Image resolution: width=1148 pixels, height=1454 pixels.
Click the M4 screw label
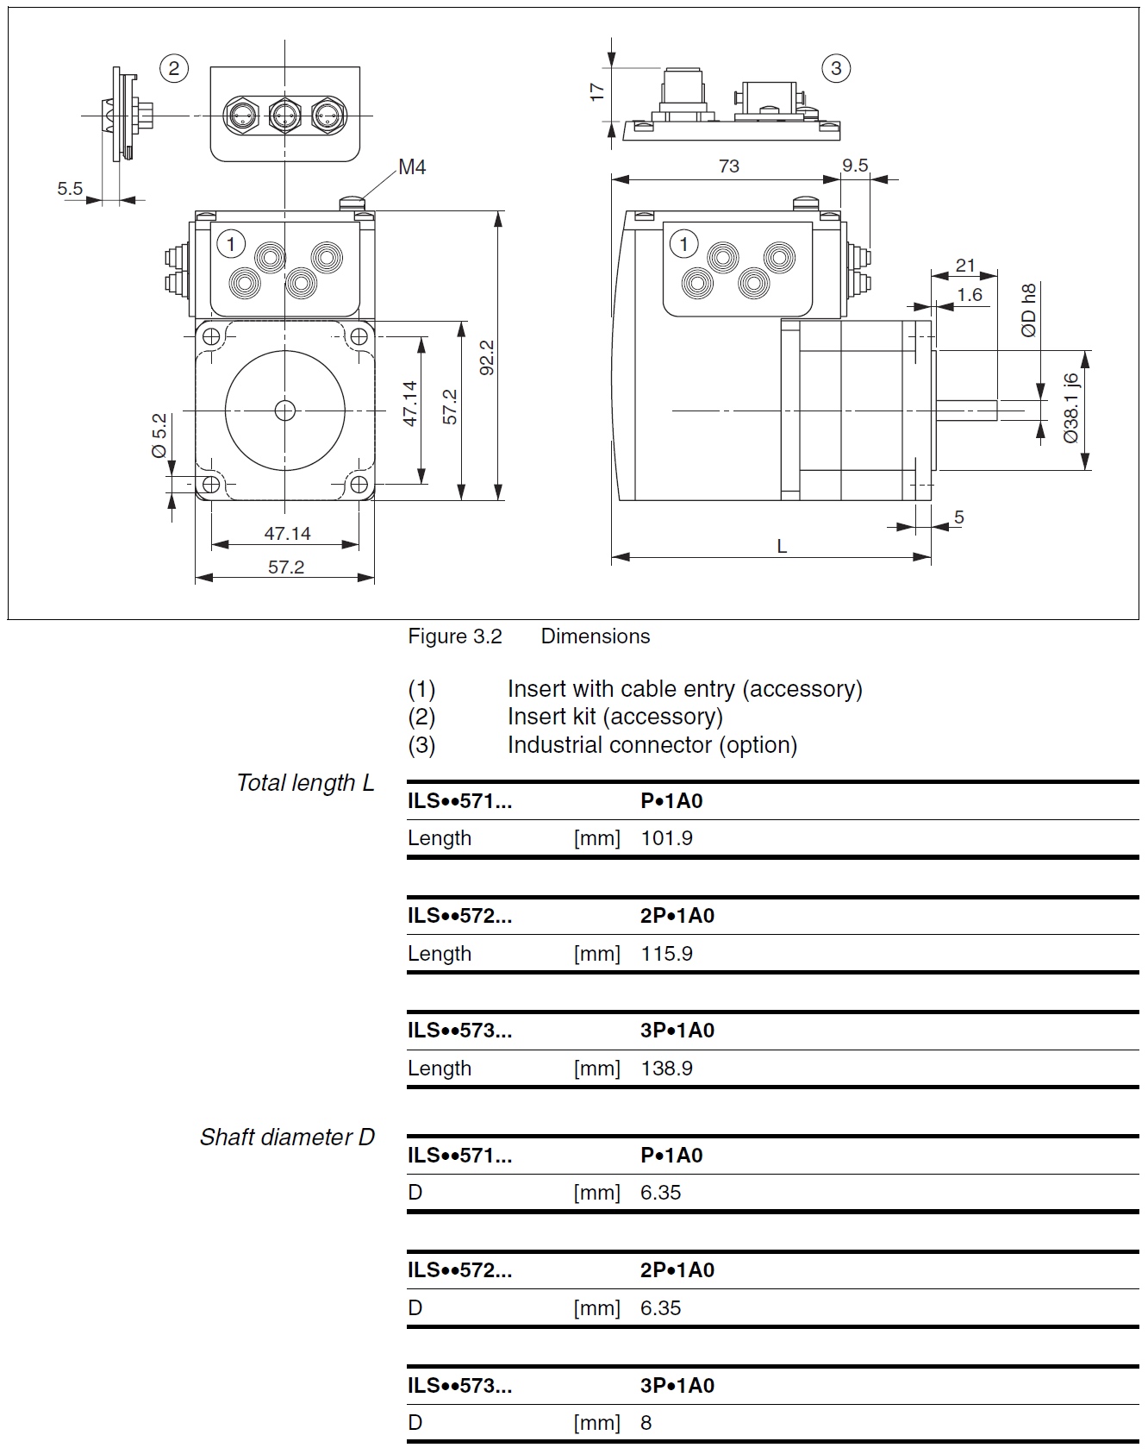(412, 167)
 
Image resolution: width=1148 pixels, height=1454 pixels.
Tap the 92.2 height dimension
(487, 357)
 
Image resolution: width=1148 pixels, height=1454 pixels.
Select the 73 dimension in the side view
(728, 166)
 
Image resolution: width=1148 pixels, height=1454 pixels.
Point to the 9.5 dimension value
(855, 166)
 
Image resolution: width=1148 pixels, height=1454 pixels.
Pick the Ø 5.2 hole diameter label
(159, 436)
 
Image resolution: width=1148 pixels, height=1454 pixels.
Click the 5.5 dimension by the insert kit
(70, 188)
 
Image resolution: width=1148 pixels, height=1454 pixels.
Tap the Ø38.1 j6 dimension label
(1070, 408)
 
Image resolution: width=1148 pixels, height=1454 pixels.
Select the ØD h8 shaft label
(1028, 310)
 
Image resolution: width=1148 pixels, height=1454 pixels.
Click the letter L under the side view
(782, 546)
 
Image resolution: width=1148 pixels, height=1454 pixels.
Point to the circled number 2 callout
(174, 68)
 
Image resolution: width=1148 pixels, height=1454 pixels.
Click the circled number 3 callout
(835, 68)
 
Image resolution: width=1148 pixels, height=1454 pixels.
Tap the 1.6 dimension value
(970, 295)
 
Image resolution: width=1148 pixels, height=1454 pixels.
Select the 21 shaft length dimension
(965, 266)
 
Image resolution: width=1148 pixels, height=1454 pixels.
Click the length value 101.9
(666, 838)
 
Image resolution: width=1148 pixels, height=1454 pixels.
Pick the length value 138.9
(666, 1069)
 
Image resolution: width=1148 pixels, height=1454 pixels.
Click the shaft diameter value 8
(646, 1423)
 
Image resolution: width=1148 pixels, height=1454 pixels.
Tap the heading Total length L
(305, 783)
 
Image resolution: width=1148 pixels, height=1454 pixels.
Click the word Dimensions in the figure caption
(595, 636)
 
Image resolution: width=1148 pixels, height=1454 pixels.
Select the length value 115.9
(666, 954)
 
